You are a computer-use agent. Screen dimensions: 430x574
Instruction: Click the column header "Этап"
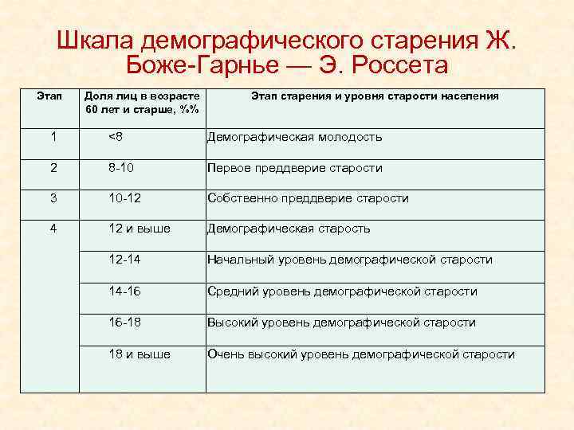(50, 96)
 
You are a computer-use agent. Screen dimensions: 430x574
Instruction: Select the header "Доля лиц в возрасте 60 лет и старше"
(143, 102)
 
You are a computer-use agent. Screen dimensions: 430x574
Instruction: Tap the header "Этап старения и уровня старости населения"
(375, 96)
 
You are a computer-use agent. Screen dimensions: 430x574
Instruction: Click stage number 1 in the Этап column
(53, 137)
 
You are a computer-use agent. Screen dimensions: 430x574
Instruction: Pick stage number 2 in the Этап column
(53, 168)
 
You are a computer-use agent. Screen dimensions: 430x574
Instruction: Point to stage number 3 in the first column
(53, 198)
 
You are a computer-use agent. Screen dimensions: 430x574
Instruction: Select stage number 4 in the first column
(53, 229)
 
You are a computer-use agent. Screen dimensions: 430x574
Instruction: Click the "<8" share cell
(116, 137)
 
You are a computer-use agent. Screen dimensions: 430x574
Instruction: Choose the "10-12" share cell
(128, 198)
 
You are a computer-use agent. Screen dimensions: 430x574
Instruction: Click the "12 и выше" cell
(140, 229)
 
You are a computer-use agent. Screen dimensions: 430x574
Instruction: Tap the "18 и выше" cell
(140, 354)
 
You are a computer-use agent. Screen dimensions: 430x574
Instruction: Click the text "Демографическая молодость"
(294, 137)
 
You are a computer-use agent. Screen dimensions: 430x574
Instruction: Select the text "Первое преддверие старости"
(294, 168)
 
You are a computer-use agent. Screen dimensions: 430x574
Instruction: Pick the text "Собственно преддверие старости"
(308, 198)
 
